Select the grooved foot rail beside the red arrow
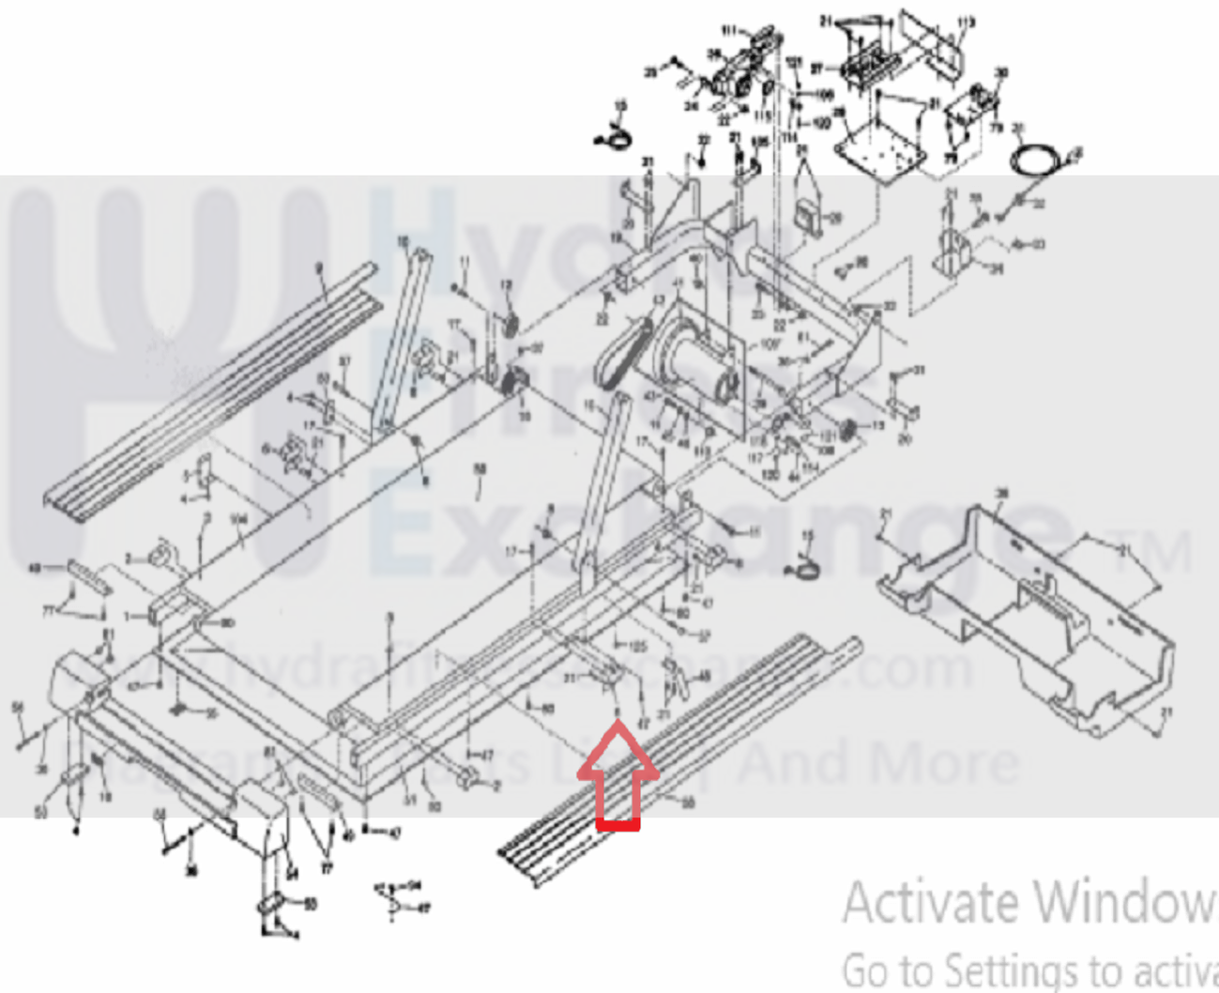(x=676, y=751)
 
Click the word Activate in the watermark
(x=929, y=903)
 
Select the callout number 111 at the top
(x=728, y=31)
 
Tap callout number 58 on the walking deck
(x=480, y=468)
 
